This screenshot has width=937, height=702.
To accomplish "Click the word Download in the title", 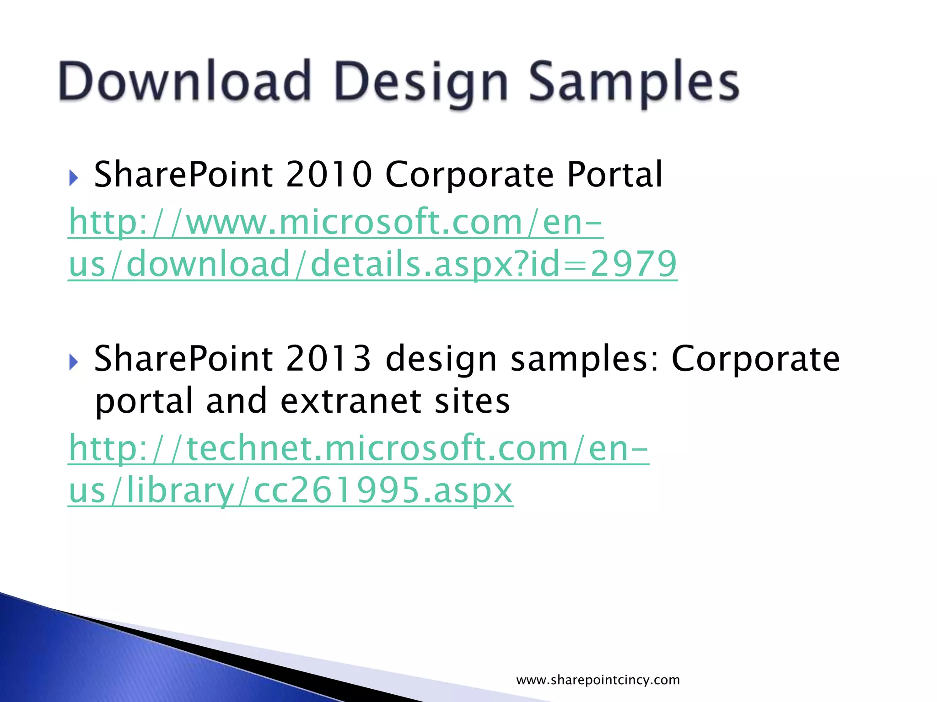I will pyautogui.click(x=185, y=81).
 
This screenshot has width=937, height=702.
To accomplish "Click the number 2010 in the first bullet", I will pyautogui.click(x=329, y=175).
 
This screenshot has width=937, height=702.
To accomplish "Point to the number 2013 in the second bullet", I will pyautogui.click(x=329, y=359).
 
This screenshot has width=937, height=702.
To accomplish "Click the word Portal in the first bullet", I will pyautogui.click(x=614, y=175).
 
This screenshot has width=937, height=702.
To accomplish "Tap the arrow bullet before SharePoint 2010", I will pyautogui.click(x=74, y=178).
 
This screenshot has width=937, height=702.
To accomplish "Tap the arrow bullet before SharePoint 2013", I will pyautogui.click(x=74, y=362).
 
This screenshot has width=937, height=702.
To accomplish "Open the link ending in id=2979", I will pyautogui.click(x=372, y=264).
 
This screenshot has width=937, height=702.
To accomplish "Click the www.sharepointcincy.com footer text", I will pyautogui.click(x=598, y=680).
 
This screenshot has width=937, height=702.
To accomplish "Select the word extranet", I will pyautogui.click(x=351, y=401).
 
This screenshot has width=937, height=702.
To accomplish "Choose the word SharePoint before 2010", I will pyautogui.click(x=183, y=175).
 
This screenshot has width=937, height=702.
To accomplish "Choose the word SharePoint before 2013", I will pyautogui.click(x=183, y=359).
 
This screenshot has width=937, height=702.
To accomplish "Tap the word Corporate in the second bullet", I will pyautogui.click(x=755, y=359).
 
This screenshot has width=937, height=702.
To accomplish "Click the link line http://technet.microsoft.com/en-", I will pyautogui.click(x=359, y=448).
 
